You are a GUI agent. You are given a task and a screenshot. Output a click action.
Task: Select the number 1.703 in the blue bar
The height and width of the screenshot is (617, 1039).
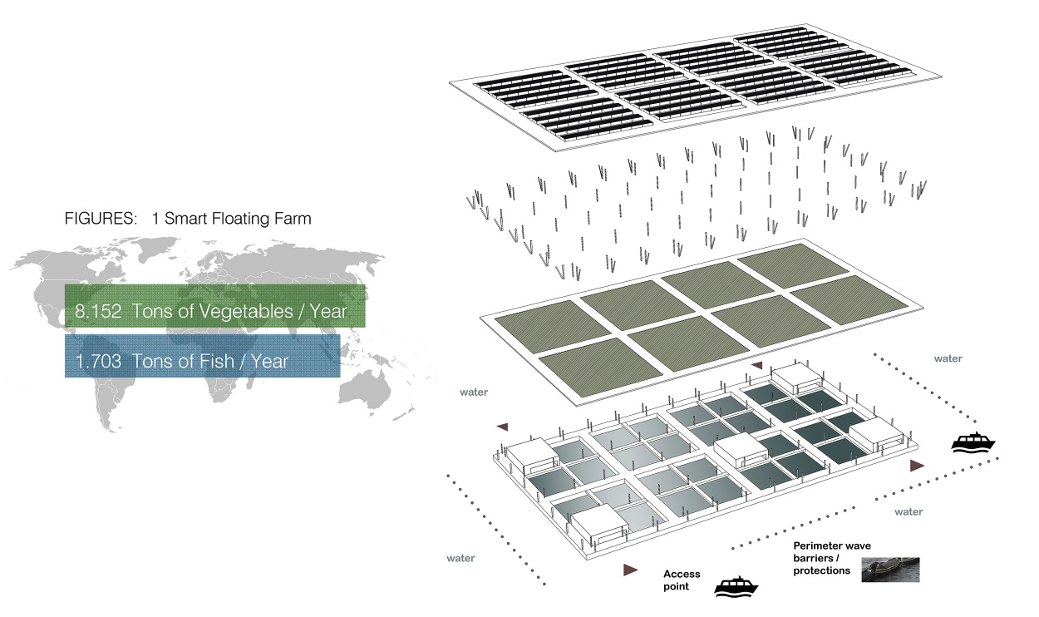pos(93,361)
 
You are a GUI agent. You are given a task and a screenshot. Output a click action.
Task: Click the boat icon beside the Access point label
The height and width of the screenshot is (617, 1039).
pos(736,586)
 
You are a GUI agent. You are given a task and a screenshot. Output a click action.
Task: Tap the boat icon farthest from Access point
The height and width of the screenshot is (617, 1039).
pos(972,442)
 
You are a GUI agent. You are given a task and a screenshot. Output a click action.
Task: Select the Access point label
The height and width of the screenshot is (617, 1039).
pos(682,580)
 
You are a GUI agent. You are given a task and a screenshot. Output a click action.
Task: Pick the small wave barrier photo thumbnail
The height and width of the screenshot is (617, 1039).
pos(890,570)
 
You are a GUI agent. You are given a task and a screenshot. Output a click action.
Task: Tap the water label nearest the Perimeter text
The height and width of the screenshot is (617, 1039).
pos(909,512)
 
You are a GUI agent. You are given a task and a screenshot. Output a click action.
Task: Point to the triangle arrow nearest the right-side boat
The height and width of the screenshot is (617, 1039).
pos(916,466)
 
